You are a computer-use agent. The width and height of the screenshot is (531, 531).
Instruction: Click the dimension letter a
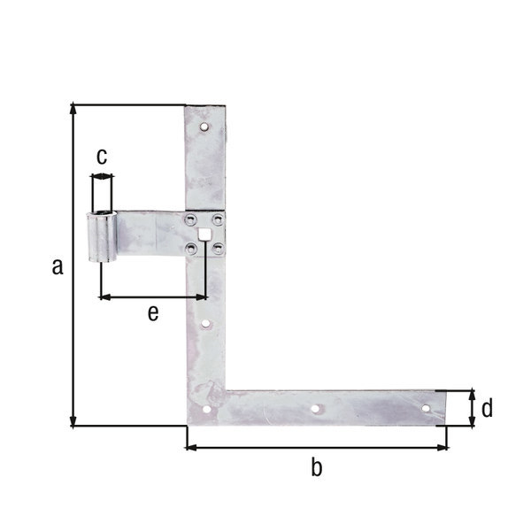58,265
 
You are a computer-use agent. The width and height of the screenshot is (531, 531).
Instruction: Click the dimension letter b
316,468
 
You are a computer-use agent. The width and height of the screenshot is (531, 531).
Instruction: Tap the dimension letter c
102,158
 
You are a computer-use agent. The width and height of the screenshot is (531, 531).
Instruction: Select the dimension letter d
486,408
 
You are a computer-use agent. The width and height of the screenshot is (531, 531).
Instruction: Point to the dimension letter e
153,313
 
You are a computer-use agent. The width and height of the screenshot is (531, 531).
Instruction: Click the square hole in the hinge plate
205,235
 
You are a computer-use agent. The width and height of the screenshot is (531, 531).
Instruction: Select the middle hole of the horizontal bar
316,409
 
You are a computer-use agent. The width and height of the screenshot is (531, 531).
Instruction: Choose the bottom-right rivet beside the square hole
219,249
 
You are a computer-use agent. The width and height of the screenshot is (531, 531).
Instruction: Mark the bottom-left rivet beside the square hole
192,249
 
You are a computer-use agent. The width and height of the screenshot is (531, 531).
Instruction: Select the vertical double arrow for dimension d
472,408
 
